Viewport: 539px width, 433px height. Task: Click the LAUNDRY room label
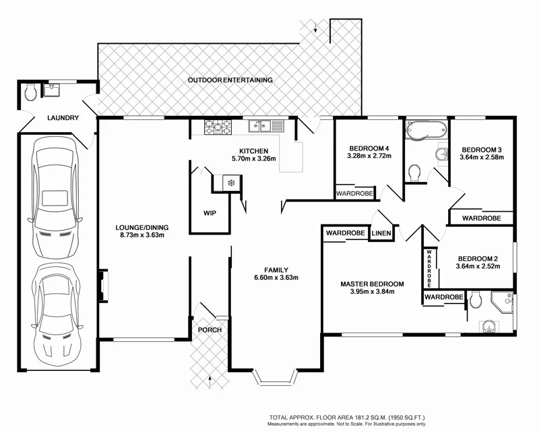point(63,118)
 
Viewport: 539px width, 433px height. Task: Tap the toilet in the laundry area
point(29,93)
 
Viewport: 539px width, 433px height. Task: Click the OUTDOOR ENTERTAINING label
point(230,80)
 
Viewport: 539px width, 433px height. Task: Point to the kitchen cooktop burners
point(218,125)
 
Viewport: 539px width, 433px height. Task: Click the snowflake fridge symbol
point(230,183)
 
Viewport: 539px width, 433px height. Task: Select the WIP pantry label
point(210,213)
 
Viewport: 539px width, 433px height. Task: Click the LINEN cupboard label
point(381,233)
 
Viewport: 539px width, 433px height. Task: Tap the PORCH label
point(210,330)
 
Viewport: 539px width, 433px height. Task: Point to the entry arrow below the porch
point(211,382)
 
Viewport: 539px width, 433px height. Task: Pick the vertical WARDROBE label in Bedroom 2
point(428,268)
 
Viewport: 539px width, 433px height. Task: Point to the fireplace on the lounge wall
point(102,284)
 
